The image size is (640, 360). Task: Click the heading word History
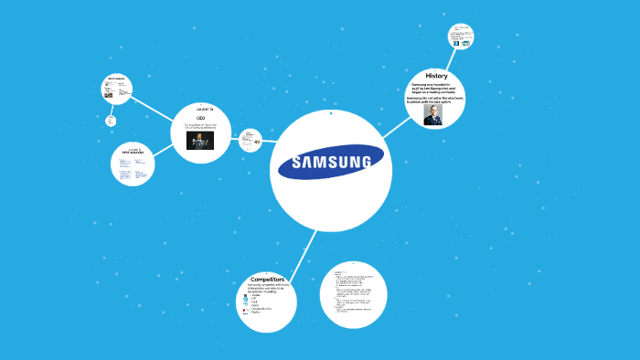pos(436,75)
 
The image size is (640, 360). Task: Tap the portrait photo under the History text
pos(432,114)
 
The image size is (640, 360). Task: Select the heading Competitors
pos(267,279)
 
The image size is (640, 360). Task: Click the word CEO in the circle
pos(201,116)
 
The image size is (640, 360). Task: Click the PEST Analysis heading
pos(133,153)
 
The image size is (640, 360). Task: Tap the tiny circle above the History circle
pos(461,37)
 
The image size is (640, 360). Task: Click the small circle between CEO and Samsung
pos(251,141)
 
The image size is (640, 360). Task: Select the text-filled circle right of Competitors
pos(353,295)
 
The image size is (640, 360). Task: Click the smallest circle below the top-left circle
pos(111,121)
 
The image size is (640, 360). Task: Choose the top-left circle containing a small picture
pos(116,89)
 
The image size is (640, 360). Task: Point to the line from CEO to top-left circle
pos(153,108)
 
